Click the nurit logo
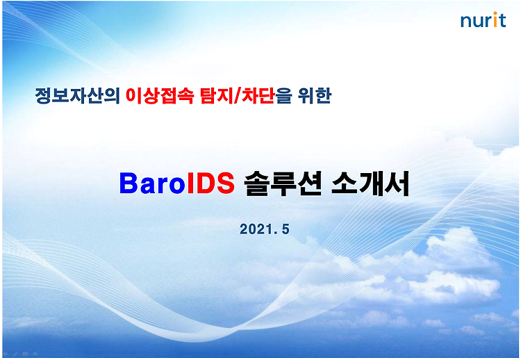click(483, 19)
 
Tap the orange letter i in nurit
click(495, 19)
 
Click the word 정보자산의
click(77, 96)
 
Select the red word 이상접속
click(160, 96)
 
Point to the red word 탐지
click(217, 96)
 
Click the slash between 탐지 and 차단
click(238, 96)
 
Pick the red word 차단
click(258, 96)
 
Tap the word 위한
click(314, 96)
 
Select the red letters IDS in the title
click(210, 183)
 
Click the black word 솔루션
click(283, 183)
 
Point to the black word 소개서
click(370, 183)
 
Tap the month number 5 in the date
click(286, 229)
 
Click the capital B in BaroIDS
click(129, 183)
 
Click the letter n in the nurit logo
click(465, 22)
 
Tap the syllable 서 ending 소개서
click(397, 183)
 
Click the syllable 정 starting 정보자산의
click(43, 96)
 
